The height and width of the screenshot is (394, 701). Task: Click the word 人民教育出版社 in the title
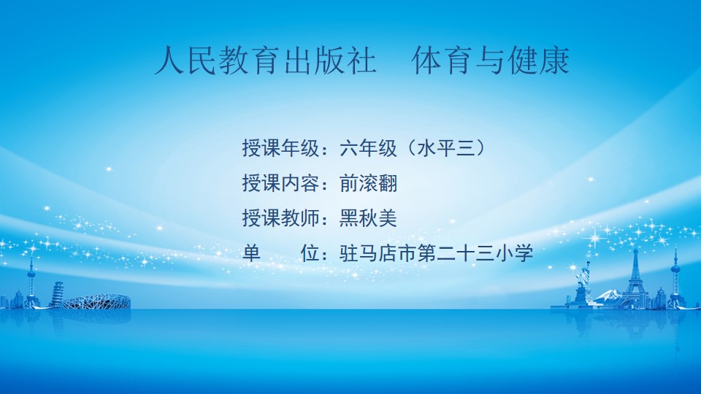(x=265, y=61)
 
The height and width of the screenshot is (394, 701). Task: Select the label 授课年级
(x=280, y=148)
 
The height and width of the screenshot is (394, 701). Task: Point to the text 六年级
(x=368, y=148)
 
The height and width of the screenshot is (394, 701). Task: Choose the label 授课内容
(x=280, y=183)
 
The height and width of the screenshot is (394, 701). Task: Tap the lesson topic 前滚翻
(x=368, y=183)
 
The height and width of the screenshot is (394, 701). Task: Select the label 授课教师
(x=280, y=218)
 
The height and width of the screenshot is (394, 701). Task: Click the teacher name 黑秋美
(x=368, y=218)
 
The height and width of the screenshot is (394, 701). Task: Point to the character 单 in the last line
(x=252, y=253)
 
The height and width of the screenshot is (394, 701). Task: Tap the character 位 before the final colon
(x=310, y=253)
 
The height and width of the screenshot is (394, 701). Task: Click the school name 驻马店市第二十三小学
(x=436, y=253)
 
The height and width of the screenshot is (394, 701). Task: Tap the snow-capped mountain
(x=609, y=295)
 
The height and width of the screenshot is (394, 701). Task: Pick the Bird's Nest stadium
(x=96, y=301)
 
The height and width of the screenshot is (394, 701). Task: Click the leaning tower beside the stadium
(x=57, y=294)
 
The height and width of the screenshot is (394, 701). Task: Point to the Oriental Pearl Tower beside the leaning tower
(x=31, y=282)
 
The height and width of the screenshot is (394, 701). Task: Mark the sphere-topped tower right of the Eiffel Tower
(x=675, y=279)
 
